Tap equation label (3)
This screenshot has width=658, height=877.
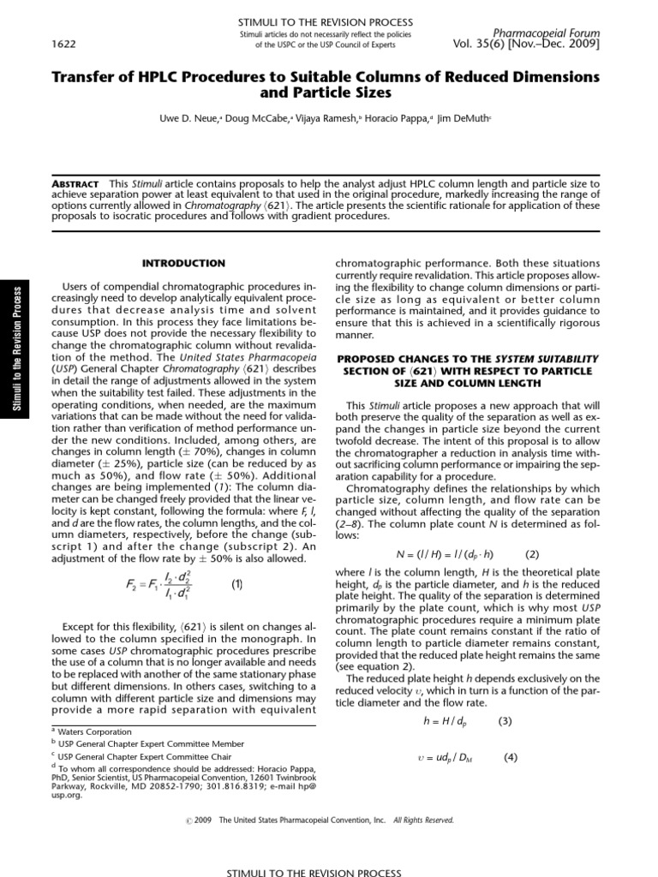pyautogui.click(x=505, y=721)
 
